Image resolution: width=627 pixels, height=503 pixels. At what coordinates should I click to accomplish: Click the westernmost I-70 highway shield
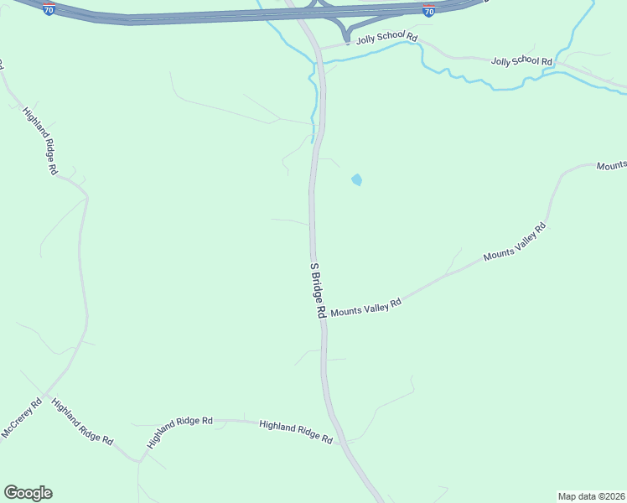[50, 8]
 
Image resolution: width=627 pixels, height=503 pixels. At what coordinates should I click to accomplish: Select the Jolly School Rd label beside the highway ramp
[386, 38]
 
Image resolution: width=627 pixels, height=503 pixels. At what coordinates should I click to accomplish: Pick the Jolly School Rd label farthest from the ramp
[522, 61]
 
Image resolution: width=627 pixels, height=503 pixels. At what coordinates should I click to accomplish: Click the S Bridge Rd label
[318, 289]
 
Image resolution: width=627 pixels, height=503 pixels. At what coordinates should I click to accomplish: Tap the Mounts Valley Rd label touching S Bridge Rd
[366, 308]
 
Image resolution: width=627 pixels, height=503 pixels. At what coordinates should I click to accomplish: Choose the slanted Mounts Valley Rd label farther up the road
[515, 242]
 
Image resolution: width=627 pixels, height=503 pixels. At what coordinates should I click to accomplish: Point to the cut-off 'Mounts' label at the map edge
[611, 166]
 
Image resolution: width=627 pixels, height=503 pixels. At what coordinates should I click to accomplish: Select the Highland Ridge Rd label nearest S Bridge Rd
[296, 432]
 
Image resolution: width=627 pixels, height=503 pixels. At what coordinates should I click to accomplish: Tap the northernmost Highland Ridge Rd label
[40, 140]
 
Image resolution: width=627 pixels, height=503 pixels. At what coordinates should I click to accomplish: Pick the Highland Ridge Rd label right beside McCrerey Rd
[82, 421]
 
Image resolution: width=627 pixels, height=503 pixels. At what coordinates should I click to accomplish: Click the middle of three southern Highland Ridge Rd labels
[179, 431]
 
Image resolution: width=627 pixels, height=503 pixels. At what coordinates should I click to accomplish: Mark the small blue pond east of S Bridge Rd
[357, 179]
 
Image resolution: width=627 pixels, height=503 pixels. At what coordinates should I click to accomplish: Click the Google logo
[28, 493]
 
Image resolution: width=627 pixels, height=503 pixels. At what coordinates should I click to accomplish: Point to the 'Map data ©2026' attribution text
[591, 495]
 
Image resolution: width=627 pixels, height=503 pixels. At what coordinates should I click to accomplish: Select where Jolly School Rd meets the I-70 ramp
[346, 43]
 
